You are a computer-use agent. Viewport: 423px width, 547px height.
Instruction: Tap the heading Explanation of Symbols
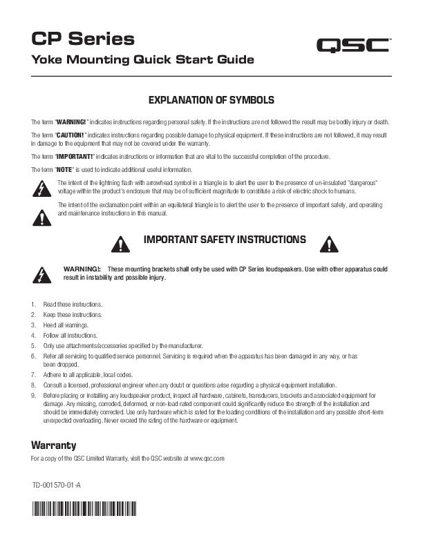coord(211,100)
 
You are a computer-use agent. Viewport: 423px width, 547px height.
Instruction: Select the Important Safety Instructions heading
coord(224,240)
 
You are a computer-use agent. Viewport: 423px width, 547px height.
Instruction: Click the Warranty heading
coord(54,444)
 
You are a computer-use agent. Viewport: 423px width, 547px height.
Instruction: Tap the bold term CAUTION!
coord(70,133)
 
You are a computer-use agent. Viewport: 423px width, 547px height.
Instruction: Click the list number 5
coord(34,345)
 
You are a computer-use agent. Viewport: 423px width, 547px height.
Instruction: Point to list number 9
coord(34,395)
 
